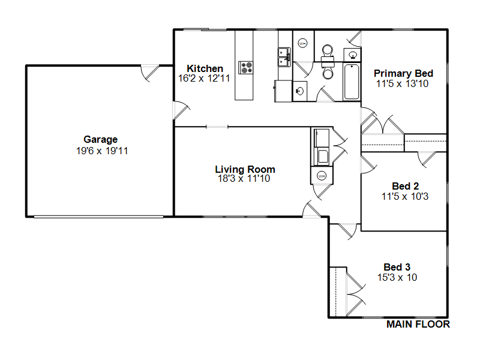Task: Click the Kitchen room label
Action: (x=205, y=68)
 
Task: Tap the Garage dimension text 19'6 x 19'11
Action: (x=102, y=151)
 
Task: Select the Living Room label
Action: (x=245, y=169)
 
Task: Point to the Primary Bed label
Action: (x=403, y=73)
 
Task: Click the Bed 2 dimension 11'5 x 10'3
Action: (x=405, y=197)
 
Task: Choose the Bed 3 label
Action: (x=397, y=267)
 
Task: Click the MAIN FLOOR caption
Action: (x=418, y=325)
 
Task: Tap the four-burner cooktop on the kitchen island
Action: (x=246, y=68)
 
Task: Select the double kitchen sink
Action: (x=284, y=57)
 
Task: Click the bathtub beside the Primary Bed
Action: (x=352, y=82)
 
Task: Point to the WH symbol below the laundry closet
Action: (x=322, y=176)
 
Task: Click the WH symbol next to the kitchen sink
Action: (x=302, y=43)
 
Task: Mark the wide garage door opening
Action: (x=98, y=217)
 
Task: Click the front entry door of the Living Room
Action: (x=311, y=209)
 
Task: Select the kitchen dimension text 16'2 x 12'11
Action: (x=204, y=79)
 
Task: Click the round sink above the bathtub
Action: (x=353, y=55)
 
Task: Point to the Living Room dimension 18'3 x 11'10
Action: (x=244, y=178)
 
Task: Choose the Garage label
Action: (x=100, y=140)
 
